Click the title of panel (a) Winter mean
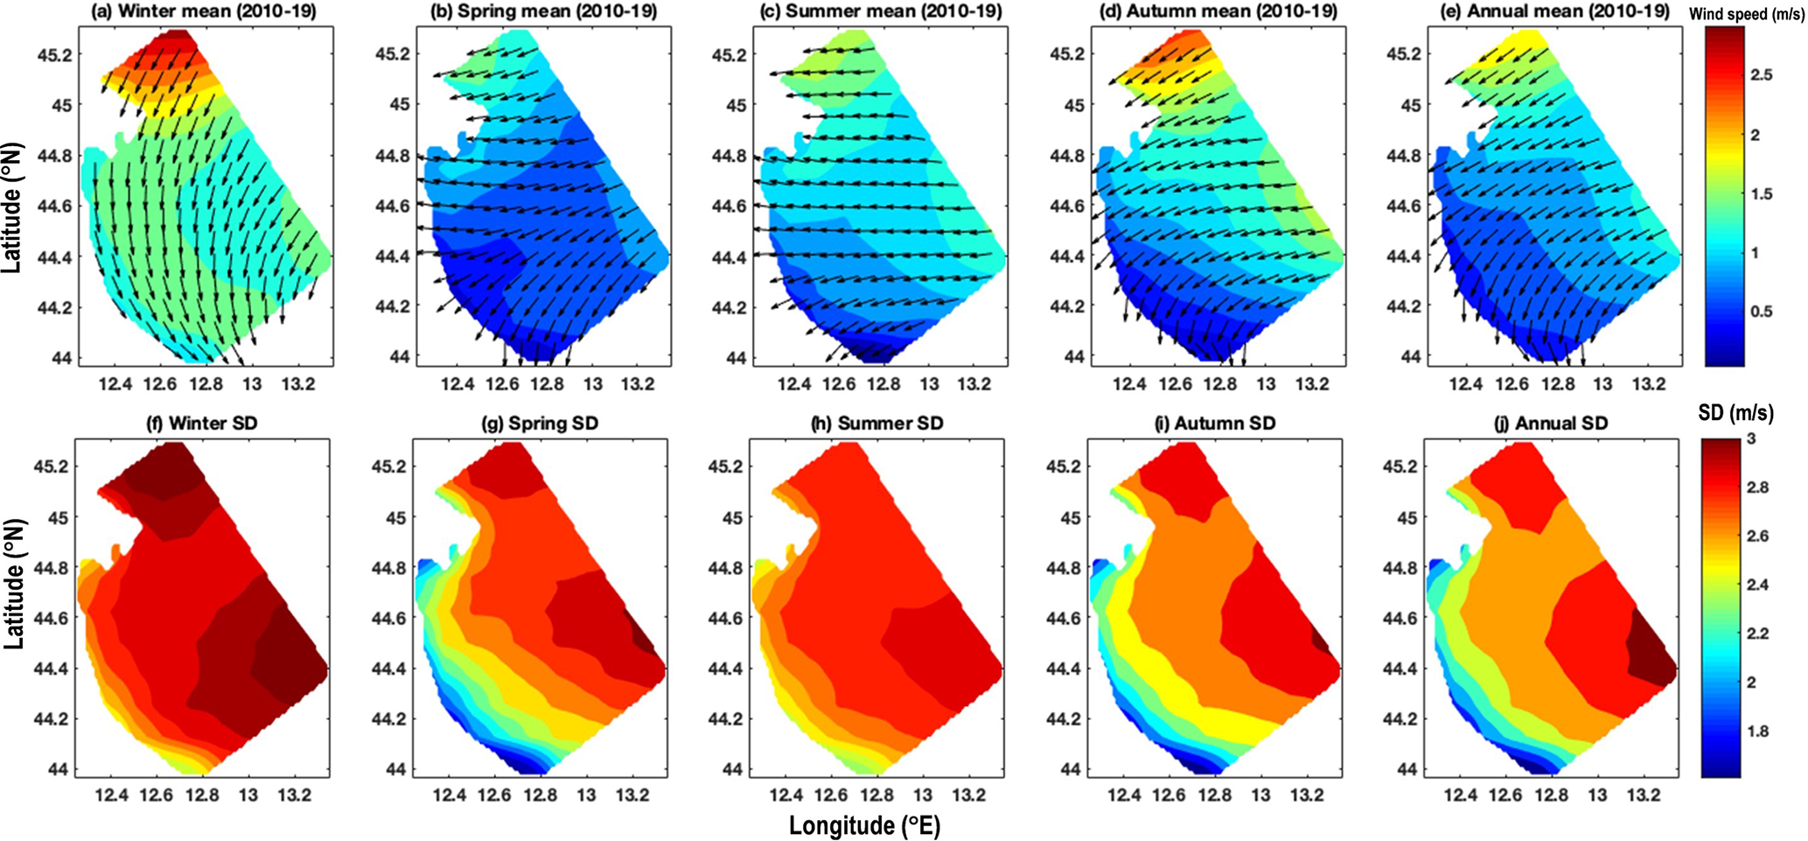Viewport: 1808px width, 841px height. (205, 11)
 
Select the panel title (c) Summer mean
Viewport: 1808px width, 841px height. (880, 11)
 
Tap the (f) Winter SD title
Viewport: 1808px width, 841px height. (201, 424)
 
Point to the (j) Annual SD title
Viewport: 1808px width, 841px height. (1550, 424)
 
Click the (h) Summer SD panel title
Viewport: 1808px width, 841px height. (878, 424)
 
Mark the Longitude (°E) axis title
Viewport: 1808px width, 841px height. (864, 825)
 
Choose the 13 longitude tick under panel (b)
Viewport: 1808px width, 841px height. (593, 384)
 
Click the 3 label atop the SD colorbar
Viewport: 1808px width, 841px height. (1751, 439)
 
